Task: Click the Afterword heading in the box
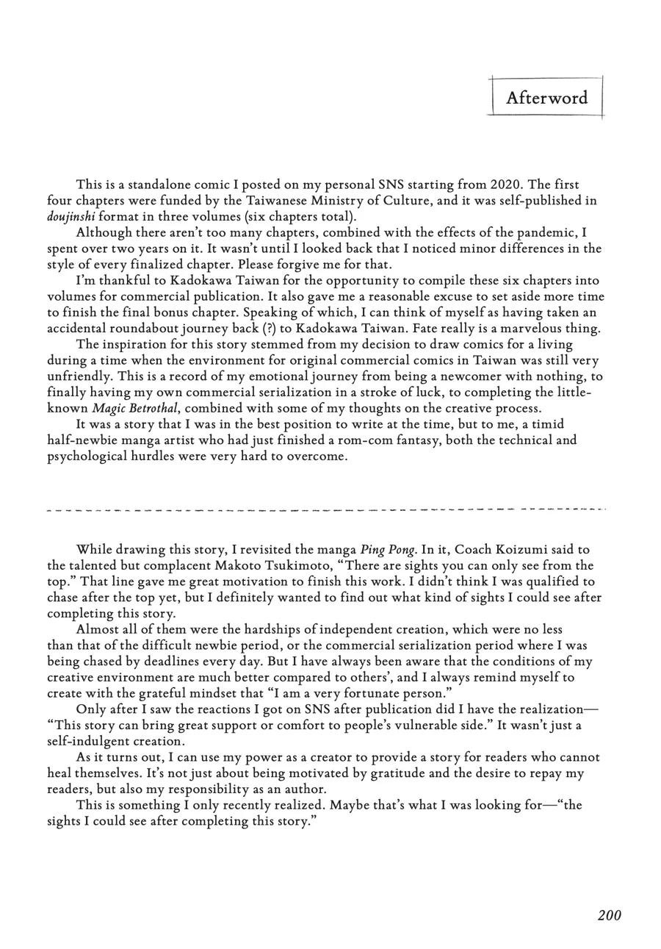point(546,98)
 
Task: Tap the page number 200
point(609,915)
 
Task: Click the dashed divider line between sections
point(326,509)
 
